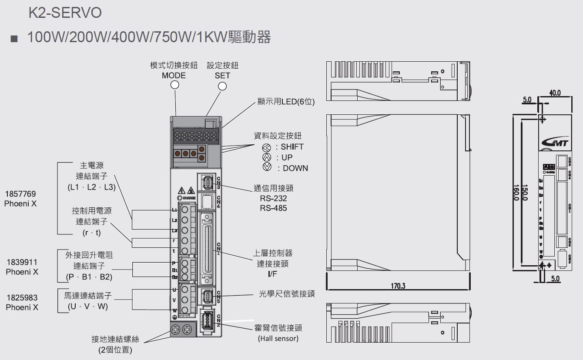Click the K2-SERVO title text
65,13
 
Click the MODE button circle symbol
175,85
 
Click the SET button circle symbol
222,86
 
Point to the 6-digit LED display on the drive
195,136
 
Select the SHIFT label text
292,147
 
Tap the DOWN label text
295,168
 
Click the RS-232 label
273,199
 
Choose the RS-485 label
273,208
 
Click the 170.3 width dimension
398,286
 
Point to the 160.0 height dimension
516,192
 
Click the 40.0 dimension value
555,93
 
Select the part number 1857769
20,194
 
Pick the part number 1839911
22,262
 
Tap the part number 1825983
22,298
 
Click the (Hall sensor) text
278,338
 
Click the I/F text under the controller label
272,274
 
